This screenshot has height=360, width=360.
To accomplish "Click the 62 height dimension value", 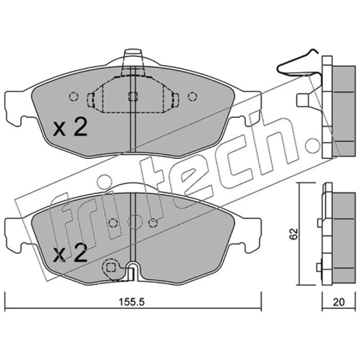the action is (x=294, y=234).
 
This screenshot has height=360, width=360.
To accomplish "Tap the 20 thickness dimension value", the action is (x=339, y=302).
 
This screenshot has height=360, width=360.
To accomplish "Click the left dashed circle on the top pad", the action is (x=74, y=97).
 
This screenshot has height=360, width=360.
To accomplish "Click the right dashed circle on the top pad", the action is (x=193, y=97).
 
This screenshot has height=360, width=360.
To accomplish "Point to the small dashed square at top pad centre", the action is (x=133, y=97).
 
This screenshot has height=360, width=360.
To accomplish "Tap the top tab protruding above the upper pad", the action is (x=133, y=58).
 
